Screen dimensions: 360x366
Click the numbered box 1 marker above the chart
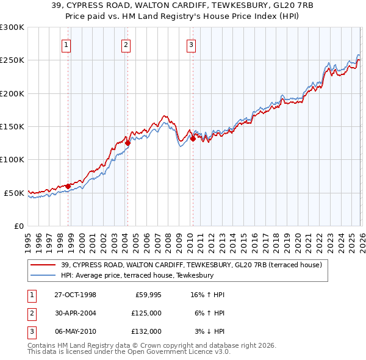(65, 44)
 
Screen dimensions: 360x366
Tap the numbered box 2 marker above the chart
(125, 44)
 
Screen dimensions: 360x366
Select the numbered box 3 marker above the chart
(191, 44)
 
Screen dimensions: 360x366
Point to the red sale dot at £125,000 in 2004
(127, 143)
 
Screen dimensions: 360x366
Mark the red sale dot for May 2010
(193, 139)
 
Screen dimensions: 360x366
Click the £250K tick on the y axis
(12, 60)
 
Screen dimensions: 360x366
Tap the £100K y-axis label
(12, 159)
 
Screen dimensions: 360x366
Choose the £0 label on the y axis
(18, 226)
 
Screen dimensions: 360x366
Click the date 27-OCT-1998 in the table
(75, 295)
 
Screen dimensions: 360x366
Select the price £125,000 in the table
(146, 313)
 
